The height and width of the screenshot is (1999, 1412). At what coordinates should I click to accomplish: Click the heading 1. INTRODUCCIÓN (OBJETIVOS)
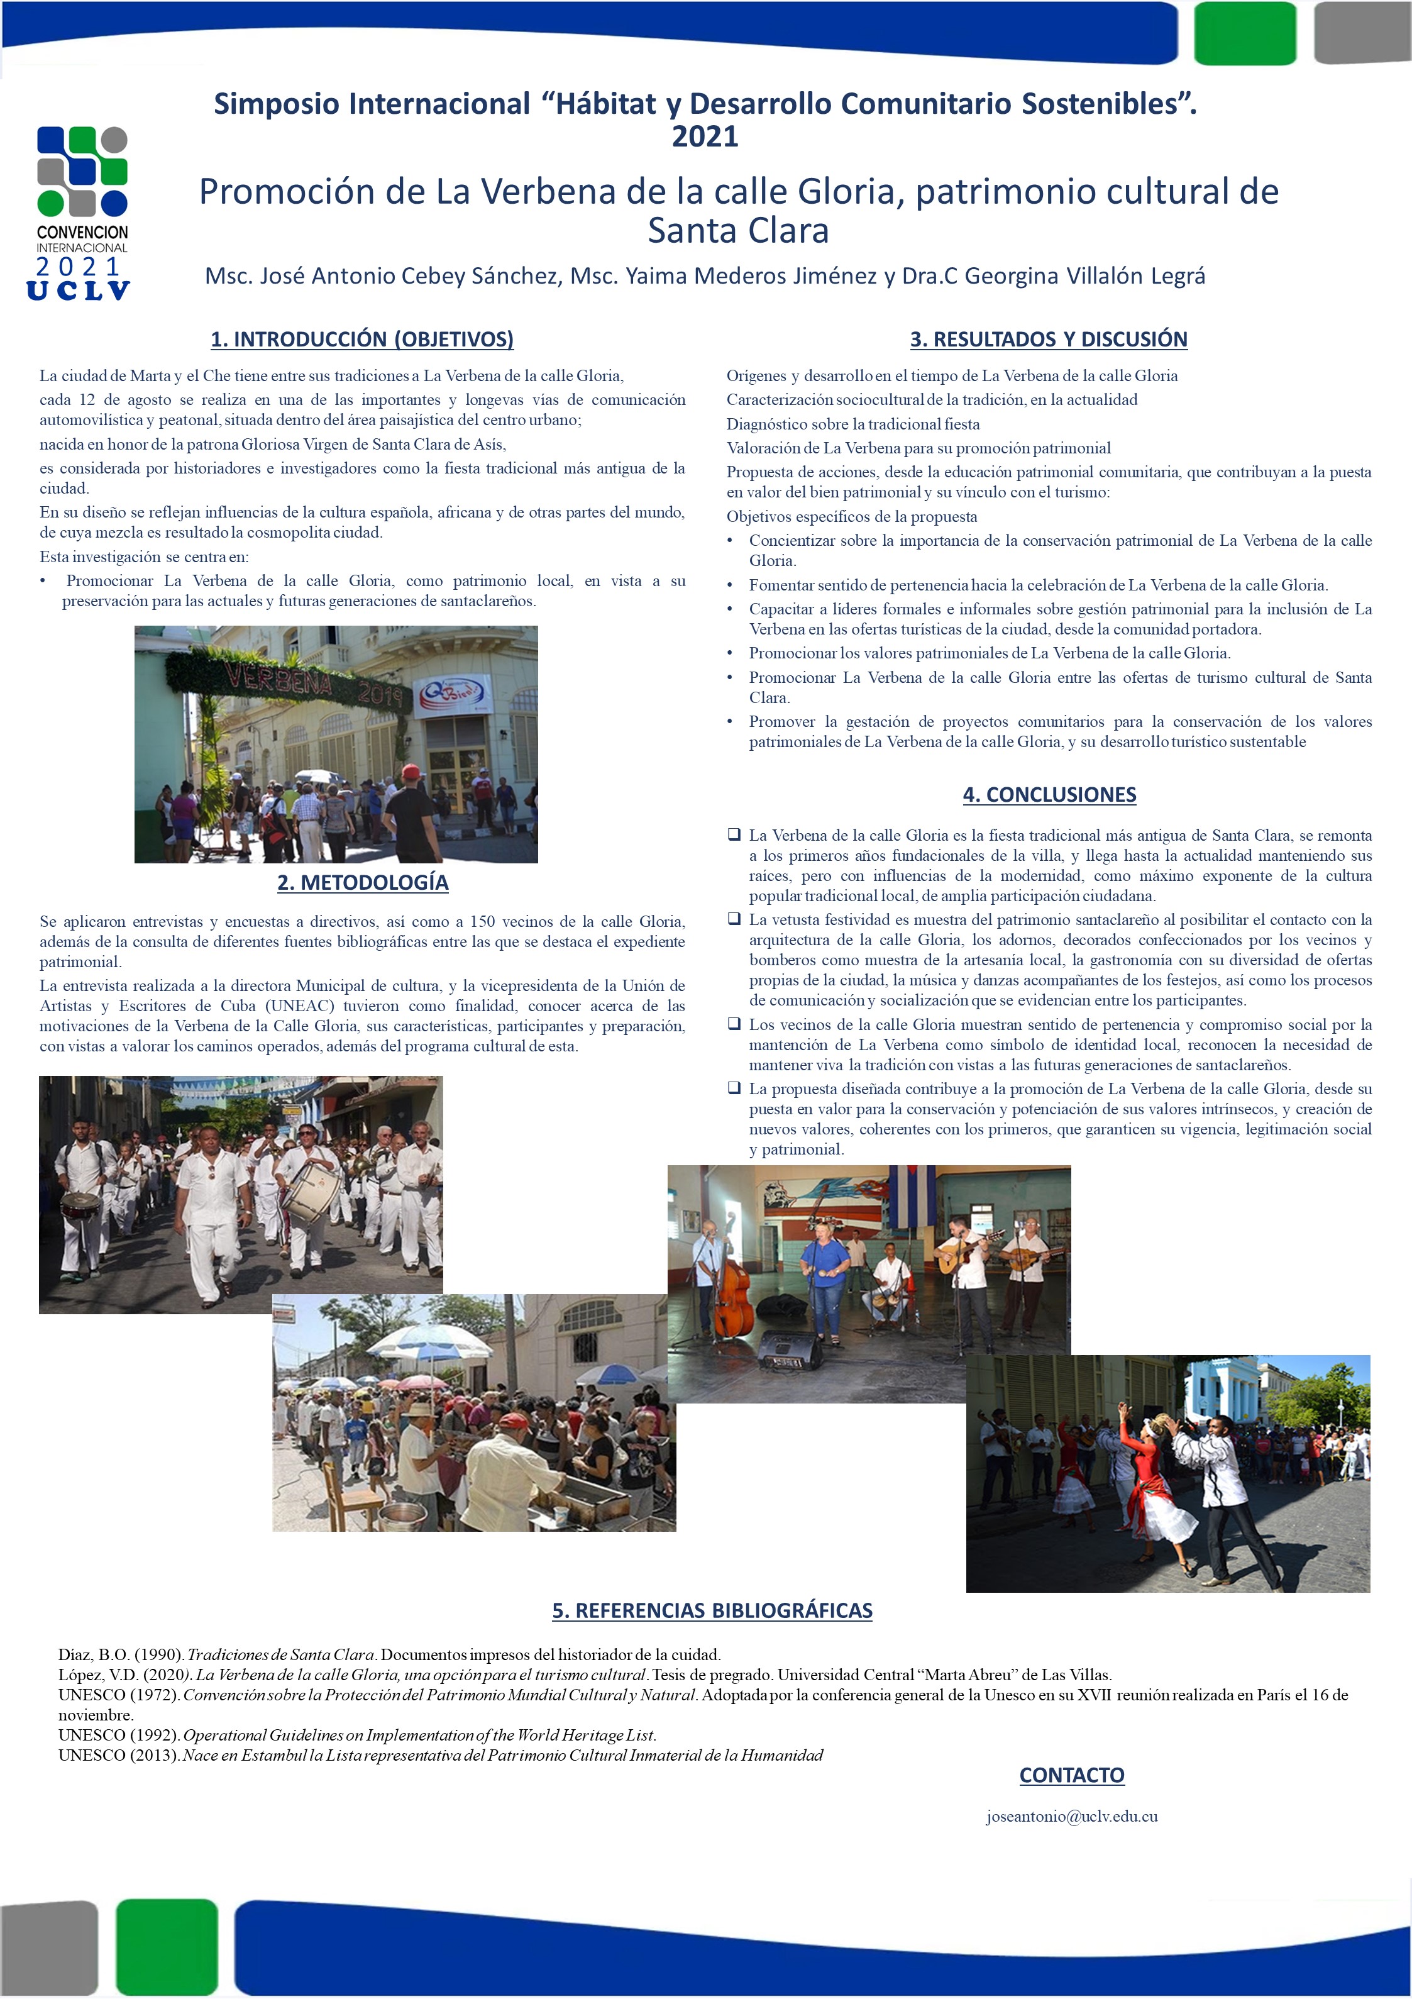coord(362,339)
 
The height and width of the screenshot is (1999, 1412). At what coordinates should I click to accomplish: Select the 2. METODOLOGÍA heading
coord(362,882)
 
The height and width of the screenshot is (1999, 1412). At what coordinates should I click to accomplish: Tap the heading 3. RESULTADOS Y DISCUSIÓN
coord(1048,339)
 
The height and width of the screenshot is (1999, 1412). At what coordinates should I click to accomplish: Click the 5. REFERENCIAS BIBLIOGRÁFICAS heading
coord(712,1610)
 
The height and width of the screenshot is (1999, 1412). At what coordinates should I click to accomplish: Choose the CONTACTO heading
coord(1072,1775)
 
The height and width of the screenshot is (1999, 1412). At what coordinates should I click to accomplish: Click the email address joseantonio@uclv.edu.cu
coord(1072,1816)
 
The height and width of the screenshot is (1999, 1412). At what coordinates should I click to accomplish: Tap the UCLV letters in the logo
coord(79,291)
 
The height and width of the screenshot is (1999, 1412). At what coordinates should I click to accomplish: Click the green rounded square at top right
coord(1245,33)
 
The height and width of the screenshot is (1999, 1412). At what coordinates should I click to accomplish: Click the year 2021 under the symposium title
coord(705,136)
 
